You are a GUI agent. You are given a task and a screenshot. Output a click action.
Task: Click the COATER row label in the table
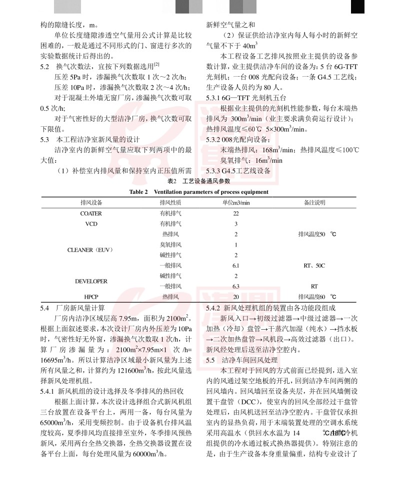tap(91, 213)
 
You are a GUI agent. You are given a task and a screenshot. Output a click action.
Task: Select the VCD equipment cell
tap(91, 223)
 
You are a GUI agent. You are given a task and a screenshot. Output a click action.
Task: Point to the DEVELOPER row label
tap(91, 282)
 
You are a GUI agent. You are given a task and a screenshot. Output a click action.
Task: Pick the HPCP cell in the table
tap(91, 297)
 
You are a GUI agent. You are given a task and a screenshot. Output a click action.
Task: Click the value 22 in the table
tap(235, 213)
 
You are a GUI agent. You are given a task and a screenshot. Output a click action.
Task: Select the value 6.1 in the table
tap(235, 266)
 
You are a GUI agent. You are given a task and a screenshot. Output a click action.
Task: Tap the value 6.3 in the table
tap(235, 287)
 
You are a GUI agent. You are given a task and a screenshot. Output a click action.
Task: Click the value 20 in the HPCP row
tap(235, 297)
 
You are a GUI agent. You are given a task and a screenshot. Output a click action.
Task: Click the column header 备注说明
tap(314, 202)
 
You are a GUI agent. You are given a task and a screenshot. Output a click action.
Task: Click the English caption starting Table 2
tap(198, 192)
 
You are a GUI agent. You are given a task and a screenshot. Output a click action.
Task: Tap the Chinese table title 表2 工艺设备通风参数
tap(198, 181)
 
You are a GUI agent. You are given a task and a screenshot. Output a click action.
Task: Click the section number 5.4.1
tap(48, 390)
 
